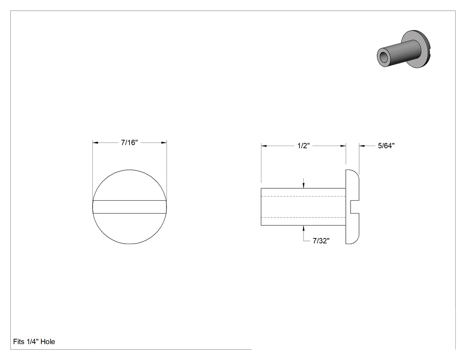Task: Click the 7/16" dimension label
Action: click(129, 142)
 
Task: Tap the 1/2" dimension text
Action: click(304, 146)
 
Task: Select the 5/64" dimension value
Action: click(386, 146)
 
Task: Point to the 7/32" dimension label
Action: click(321, 241)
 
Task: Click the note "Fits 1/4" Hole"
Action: click(34, 341)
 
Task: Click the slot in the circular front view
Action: click(130, 207)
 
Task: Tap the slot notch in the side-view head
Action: click(355, 207)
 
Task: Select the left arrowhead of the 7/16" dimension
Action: click(95, 142)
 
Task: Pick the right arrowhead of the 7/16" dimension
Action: click(164, 142)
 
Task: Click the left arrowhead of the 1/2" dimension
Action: click(264, 146)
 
